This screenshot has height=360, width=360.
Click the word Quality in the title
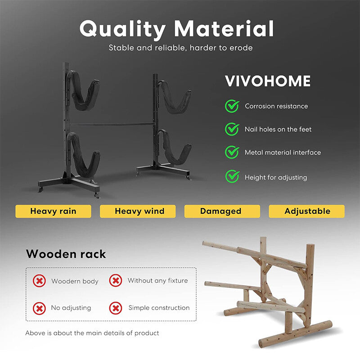(123, 30)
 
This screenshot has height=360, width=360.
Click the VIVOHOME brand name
(268, 81)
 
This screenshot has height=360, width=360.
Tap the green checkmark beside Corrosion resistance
(232, 106)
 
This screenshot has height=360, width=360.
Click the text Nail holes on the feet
(278, 130)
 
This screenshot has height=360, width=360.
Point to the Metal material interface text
(283, 153)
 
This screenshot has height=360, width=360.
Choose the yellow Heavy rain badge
(53, 211)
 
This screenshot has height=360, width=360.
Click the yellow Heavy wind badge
(139, 211)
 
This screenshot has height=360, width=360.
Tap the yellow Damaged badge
(220, 211)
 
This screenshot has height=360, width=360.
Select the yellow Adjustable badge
(307, 211)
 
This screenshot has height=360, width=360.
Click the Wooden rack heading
(66, 254)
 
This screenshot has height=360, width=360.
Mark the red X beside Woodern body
(40, 281)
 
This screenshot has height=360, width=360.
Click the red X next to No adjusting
(40, 308)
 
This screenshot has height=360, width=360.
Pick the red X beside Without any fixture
(116, 281)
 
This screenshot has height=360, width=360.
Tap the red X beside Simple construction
(116, 308)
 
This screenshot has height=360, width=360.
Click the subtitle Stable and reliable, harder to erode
(181, 48)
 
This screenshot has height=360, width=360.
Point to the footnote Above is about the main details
(92, 333)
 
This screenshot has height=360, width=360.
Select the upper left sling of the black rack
(83, 94)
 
